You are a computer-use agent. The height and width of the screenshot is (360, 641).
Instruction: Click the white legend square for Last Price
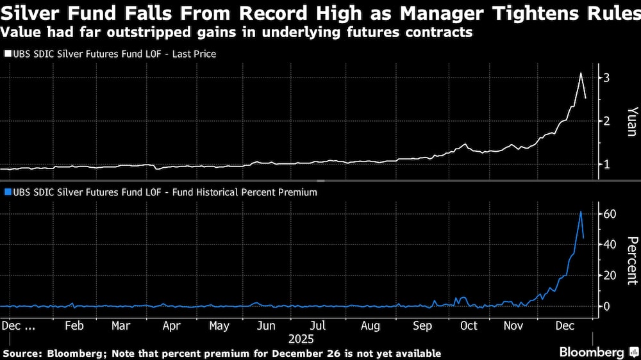tap(8, 54)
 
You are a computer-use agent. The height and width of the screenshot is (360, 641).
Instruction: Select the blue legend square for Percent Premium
tap(8, 192)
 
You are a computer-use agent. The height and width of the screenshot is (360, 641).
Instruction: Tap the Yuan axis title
tap(631, 121)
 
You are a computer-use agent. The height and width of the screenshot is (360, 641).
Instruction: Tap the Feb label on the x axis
tap(74, 325)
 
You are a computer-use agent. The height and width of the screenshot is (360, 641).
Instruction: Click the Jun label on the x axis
tap(266, 325)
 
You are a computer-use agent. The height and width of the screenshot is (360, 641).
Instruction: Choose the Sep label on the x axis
tap(422, 325)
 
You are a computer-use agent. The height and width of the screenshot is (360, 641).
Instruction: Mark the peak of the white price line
tap(581, 73)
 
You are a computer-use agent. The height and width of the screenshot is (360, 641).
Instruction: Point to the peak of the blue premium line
tap(581, 211)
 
